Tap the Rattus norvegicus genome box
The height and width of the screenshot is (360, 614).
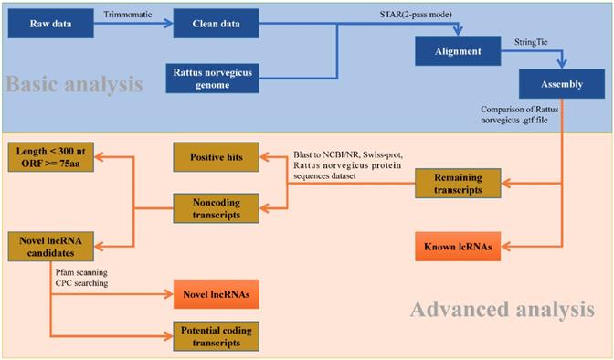pos(209,77)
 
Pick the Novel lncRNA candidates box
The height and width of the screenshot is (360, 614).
pos(46,247)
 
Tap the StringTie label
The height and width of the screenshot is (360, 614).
pos(513,40)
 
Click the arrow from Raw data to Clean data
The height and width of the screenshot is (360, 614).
pos(130,23)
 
